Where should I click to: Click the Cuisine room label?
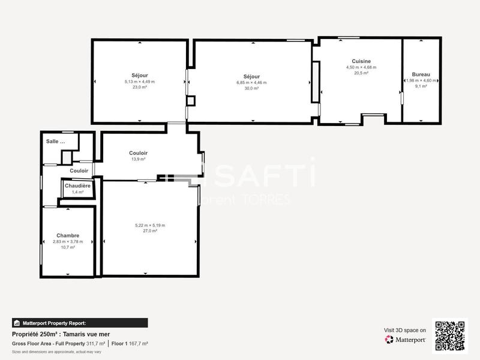point(361,61)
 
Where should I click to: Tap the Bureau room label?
point(421,74)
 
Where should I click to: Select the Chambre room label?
point(68,235)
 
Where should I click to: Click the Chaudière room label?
point(78,186)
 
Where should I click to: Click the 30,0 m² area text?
point(251,88)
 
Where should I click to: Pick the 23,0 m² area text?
point(139,87)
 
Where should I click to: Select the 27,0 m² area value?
point(150,231)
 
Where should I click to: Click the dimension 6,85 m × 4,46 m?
point(251,82)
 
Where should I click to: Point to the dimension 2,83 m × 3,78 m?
point(68,241)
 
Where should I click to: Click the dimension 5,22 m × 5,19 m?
point(150,225)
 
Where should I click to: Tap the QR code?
point(450,335)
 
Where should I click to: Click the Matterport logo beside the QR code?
point(406,340)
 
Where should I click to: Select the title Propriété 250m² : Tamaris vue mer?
point(61,334)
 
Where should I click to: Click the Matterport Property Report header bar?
point(80,323)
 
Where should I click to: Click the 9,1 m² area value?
point(421,86)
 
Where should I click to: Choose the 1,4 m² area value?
point(78,192)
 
